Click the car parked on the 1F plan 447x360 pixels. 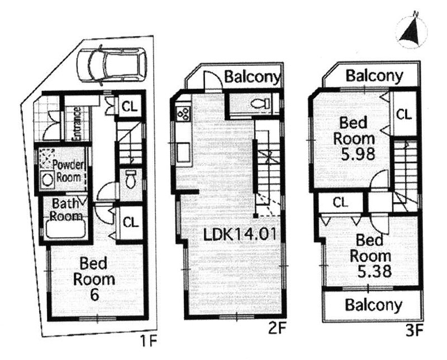112,65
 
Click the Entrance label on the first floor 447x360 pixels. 77,123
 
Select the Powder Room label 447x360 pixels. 68,171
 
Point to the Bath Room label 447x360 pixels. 66,210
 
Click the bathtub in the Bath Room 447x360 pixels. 66,229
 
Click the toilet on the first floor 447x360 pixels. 131,179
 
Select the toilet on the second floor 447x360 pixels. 260,103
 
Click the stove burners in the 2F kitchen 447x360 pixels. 184,113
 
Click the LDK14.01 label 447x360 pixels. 240,234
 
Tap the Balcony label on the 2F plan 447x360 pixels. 253,77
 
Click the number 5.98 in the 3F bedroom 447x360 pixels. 358,155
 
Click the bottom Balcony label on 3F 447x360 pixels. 374,305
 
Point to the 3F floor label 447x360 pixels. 414,331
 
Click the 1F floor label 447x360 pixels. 148,341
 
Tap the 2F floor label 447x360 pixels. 277,329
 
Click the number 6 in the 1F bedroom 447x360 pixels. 94,295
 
